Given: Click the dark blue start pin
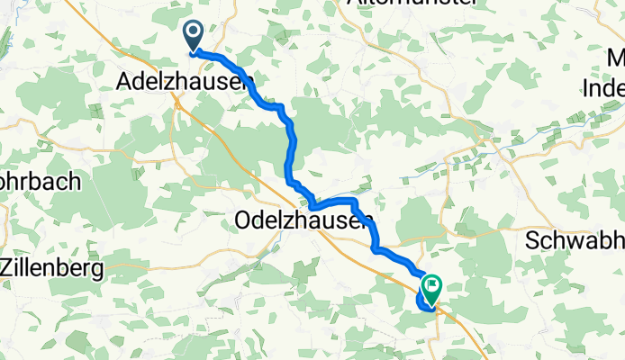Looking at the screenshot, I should coord(194,36).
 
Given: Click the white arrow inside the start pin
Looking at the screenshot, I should coord(194,33).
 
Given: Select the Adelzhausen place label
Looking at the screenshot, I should coord(186,83).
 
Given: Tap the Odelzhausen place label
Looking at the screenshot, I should coord(303,219).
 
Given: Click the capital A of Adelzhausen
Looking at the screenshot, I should coord(126,83).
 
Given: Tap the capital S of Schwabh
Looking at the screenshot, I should coord(532,241).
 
